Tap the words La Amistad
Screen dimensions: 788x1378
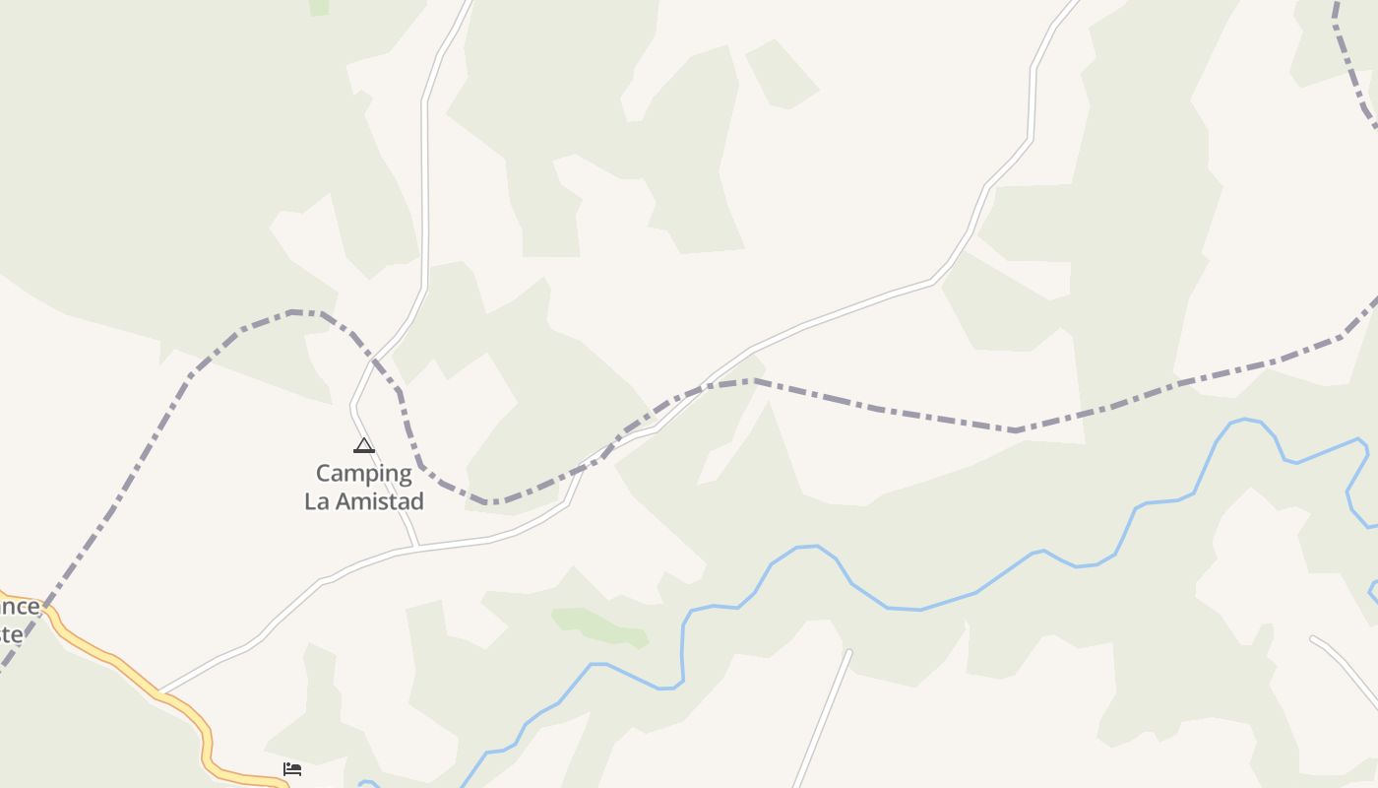coord(364,501)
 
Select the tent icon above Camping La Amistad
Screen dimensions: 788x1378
coord(364,445)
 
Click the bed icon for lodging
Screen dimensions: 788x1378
coord(292,768)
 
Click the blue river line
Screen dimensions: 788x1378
coord(920,609)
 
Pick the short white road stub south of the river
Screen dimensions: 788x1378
coord(822,719)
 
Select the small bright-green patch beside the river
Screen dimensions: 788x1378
coord(600,626)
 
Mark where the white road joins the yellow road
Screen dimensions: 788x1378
coord(158,693)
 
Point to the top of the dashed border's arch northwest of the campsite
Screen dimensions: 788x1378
coord(295,312)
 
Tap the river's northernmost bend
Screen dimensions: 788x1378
coord(1245,420)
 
